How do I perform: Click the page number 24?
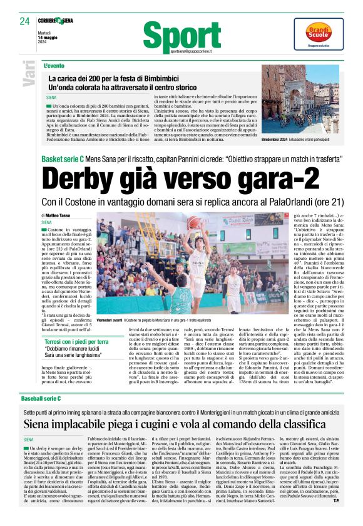coord(25,21)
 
